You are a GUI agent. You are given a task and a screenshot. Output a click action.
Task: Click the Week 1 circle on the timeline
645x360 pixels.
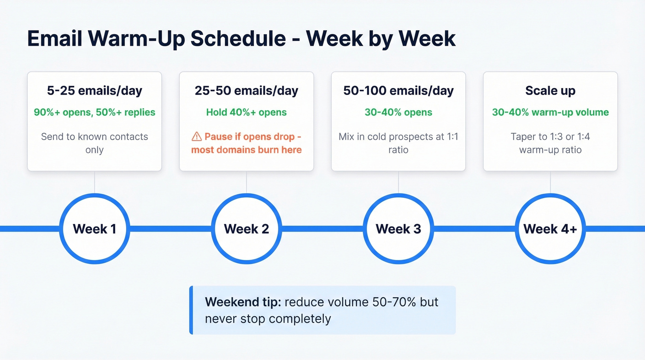coord(94,229)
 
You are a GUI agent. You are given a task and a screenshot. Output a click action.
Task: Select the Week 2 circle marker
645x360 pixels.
coord(246,229)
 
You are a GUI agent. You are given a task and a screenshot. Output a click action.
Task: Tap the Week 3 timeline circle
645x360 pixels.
coord(399,229)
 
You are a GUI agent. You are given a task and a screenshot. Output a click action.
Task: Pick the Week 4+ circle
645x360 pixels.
coord(550,229)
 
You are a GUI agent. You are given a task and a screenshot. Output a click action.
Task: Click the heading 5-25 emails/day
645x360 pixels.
coord(94,91)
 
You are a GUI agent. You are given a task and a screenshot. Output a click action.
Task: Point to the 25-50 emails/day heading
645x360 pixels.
coord(246,91)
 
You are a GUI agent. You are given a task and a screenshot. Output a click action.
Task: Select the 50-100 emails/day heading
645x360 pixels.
coord(399,91)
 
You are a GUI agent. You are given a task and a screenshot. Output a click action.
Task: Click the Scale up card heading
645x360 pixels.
coord(550,91)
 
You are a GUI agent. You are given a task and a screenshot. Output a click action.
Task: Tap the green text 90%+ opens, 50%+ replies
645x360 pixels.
coord(94,112)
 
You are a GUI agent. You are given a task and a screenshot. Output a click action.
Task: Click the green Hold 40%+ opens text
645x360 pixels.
coord(246,112)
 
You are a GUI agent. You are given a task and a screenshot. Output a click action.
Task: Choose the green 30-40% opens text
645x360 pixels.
coord(399,112)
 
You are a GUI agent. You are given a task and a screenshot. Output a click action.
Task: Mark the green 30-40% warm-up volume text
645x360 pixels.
coord(550,112)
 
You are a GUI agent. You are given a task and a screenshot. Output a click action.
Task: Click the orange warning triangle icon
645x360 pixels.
coord(197,137)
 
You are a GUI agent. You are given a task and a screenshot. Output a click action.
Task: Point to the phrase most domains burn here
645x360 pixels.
coord(246,150)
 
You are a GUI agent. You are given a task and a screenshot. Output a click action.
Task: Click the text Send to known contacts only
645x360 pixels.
coord(94,143)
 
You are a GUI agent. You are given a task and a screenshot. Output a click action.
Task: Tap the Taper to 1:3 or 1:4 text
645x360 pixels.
coord(550,137)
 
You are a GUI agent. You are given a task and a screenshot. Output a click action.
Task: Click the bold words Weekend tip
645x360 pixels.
coord(243,302)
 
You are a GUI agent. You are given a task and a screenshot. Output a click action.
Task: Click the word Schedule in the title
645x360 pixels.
coord(238,39)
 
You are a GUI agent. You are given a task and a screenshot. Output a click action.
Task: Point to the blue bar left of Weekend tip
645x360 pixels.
coord(191,310)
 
